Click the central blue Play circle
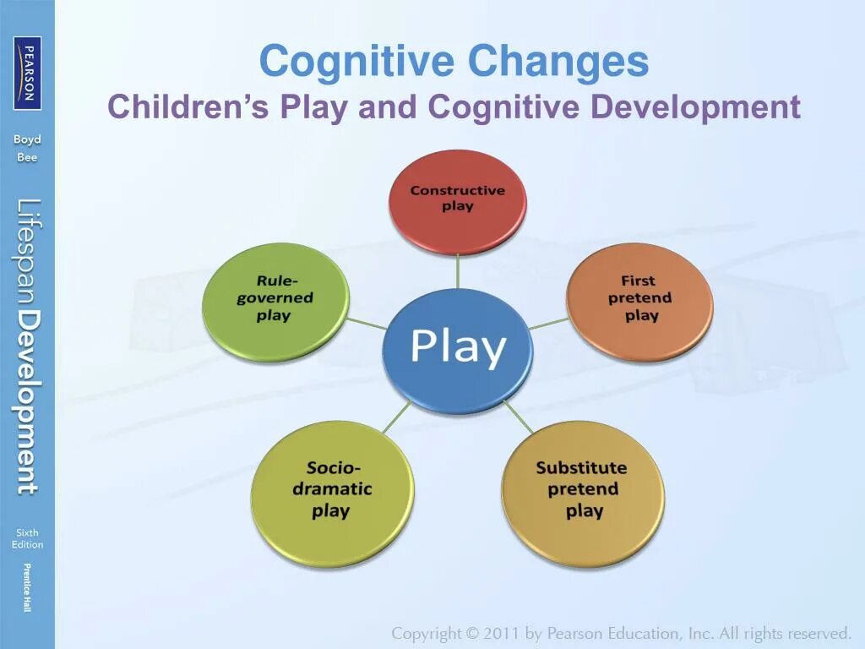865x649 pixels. (x=457, y=349)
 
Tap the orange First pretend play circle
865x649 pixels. (x=639, y=300)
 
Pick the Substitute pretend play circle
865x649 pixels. (x=582, y=491)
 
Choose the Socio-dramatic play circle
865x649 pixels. (x=332, y=491)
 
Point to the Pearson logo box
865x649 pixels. (x=27, y=74)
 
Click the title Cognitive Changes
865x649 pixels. (x=454, y=62)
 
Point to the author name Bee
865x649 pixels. (x=27, y=157)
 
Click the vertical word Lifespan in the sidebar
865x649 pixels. (x=28, y=250)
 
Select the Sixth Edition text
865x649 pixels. (x=27, y=538)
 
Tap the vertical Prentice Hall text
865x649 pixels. (x=27, y=586)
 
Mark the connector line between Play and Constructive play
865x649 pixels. (x=457, y=270)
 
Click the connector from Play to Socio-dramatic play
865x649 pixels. (x=395, y=418)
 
